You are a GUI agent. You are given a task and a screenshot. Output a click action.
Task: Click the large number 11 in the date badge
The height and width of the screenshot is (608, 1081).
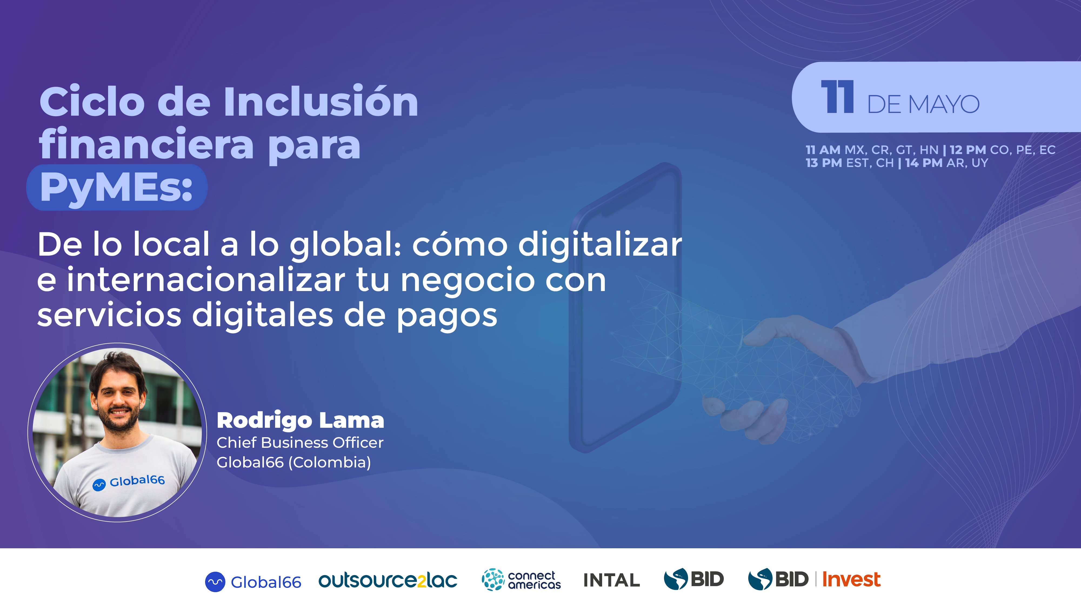click(x=838, y=97)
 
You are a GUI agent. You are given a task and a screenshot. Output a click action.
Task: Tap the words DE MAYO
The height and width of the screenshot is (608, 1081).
click(x=923, y=104)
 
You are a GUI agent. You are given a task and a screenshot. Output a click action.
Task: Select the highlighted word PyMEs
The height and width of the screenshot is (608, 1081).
click(x=116, y=188)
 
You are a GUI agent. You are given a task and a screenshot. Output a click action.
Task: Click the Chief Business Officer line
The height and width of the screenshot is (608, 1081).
click(x=300, y=443)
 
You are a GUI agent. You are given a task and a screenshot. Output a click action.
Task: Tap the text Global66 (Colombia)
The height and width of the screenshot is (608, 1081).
click(x=294, y=462)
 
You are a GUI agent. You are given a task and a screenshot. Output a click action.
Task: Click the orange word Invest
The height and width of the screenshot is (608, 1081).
click(x=851, y=579)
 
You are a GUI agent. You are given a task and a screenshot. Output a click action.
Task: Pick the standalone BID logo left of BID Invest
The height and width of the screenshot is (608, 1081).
click(x=694, y=579)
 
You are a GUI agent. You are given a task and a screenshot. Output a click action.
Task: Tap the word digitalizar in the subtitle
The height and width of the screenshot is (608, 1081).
click(x=600, y=244)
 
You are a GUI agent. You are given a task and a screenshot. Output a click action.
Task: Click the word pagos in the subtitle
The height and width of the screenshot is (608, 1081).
click(x=447, y=316)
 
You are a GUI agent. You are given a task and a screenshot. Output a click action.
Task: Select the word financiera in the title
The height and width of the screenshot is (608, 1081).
click(x=146, y=145)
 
